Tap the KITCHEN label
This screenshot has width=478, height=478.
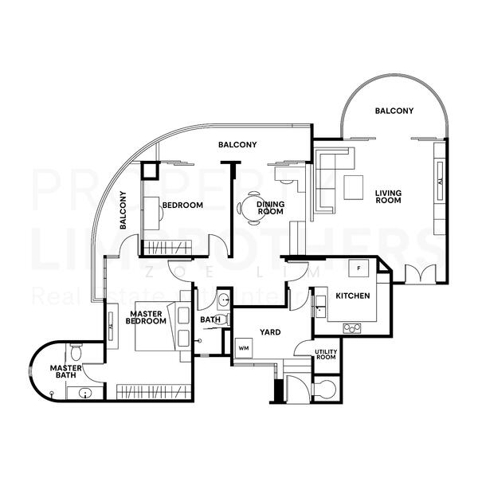351,296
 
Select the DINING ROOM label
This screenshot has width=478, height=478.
270,209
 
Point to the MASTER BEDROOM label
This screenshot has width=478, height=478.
147,317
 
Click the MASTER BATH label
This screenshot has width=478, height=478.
63,372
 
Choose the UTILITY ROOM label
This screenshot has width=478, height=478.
326,355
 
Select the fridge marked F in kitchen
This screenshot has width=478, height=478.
359,268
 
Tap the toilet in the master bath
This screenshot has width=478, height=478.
75,351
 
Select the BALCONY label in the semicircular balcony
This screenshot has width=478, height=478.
394,111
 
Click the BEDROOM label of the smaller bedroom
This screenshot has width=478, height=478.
182,205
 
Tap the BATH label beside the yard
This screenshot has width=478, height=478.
210,320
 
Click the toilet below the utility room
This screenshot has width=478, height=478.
324,389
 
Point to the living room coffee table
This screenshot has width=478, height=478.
354,187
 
